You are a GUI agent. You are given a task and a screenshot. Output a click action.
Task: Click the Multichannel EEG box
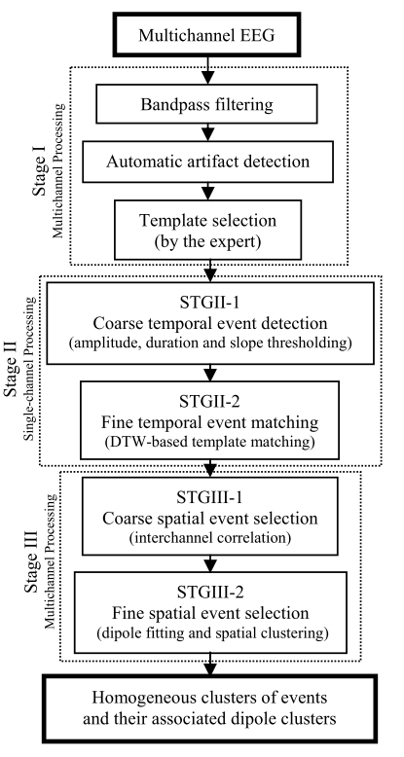[x=206, y=35]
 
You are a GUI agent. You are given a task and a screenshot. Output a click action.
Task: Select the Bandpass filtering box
[x=206, y=104]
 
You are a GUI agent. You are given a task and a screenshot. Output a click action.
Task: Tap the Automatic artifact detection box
[x=207, y=162]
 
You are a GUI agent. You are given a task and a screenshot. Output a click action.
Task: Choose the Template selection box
[x=207, y=230]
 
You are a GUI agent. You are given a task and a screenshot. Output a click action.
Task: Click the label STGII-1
[x=209, y=304]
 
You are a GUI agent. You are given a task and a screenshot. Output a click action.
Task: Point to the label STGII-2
[x=209, y=403]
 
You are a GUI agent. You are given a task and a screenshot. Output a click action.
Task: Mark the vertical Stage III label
[x=32, y=563]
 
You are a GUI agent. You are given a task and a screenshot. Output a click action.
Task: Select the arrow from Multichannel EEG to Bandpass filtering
[x=207, y=70]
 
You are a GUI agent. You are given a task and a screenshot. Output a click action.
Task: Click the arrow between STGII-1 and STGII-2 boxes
[x=209, y=373]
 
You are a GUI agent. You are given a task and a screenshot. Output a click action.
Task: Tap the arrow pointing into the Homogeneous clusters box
[x=209, y=664]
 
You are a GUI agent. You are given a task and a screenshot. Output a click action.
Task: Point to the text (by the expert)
[x=207, y=241]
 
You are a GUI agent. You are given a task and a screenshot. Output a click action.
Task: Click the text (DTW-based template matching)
[x=209, y=441]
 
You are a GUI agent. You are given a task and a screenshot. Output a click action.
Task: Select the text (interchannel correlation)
[x=209, y=537]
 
